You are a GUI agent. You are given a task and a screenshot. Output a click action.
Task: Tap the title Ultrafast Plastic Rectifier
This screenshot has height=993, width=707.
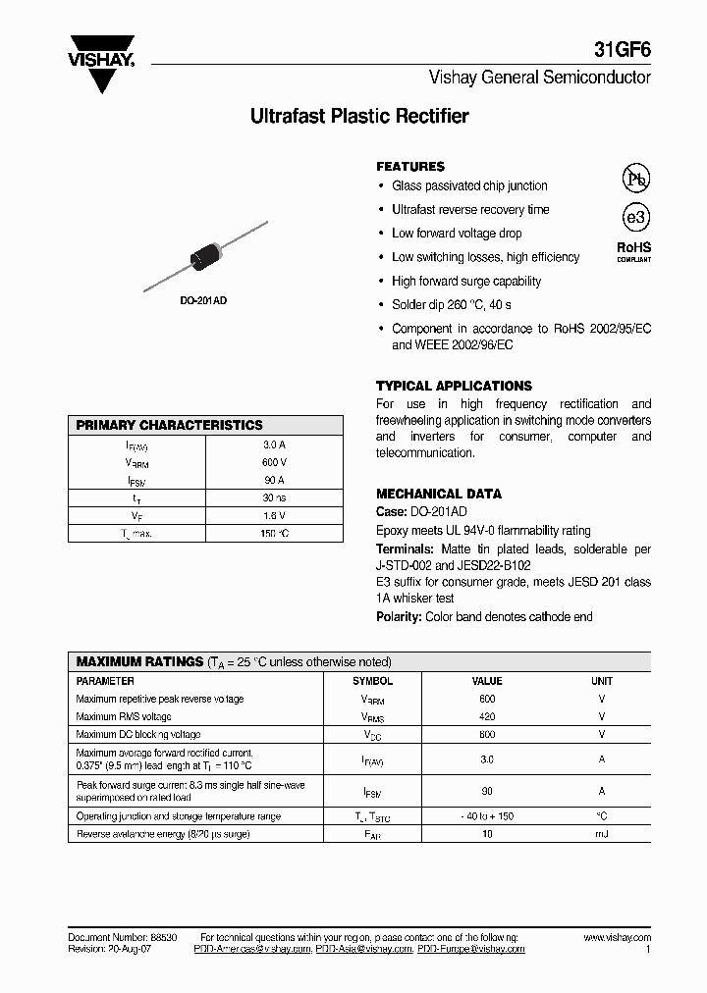point(359,117)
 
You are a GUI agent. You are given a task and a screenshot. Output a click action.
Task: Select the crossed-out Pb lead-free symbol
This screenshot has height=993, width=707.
point(635,178)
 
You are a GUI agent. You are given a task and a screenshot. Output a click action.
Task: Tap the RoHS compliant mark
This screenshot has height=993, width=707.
point(633,252)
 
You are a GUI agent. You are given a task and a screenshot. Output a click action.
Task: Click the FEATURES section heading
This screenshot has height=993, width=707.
point(410,167)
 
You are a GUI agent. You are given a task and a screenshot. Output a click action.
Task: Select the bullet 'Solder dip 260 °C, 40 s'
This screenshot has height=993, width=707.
point(451,305)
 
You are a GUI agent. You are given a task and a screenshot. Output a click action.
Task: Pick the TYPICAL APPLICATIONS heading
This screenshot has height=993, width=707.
point(454,386)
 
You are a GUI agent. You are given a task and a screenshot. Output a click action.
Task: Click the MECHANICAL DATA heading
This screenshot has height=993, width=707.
point(439,494)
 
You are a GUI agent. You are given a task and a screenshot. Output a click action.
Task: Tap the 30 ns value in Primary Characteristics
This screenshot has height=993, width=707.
point(274,497)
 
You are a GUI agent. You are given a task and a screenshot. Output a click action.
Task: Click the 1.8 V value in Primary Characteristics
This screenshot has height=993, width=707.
point(274,515)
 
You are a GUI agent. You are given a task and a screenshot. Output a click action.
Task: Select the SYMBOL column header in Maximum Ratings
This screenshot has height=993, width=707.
point(372,681)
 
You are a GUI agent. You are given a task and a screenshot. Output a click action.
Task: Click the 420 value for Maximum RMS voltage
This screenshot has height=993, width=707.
point(487,717)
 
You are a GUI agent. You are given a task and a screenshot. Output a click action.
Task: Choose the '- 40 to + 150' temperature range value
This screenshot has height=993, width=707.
point(487,816)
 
